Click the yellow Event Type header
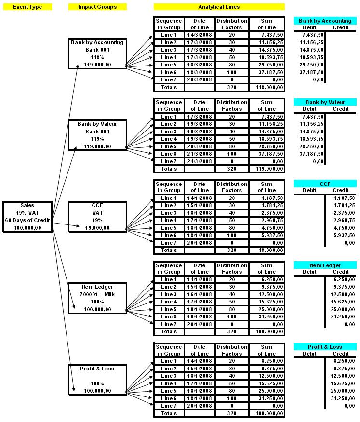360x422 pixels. (27, 7)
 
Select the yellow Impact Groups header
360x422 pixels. (97, 7)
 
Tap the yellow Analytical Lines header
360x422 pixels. (219, 7)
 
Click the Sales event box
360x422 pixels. (27, 217)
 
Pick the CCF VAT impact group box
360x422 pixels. (97, 217)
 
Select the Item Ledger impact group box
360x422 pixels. (97, 298)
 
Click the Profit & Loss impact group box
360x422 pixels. (97, 380)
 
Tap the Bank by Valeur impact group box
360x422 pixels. (97, 135)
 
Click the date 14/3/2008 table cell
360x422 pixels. (200, 35)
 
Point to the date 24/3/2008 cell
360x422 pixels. (200, 161)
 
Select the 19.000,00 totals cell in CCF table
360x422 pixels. (267, 250)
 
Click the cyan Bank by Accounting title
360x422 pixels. (325, 21)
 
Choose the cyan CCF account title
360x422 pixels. (325, 184)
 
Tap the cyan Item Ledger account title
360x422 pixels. (325, 265)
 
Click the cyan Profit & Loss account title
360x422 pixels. (325, 347)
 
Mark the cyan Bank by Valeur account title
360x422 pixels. (325, 102)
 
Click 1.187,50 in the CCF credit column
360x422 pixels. (344, 198)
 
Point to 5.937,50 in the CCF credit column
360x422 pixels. (344, 235)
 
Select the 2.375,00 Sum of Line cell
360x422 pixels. (267, 213)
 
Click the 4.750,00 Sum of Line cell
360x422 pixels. (267, 228)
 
